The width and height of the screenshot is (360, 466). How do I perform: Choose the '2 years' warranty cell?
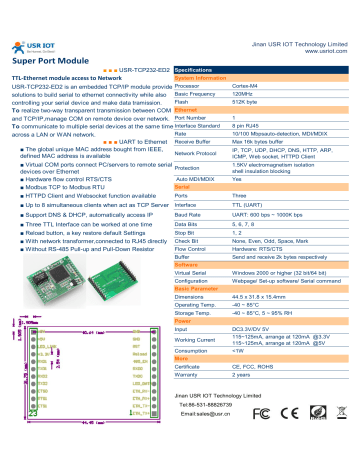(x=245, y=375)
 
